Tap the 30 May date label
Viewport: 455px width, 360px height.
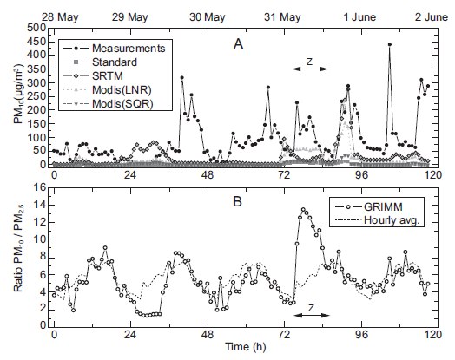coord(207,16)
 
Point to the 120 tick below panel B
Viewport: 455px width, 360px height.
coord(427,334)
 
